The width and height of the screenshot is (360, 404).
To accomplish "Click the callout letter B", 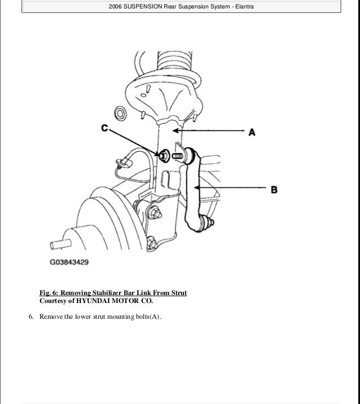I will pos(274,190).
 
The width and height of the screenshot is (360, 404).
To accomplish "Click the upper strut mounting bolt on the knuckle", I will pos(154,214).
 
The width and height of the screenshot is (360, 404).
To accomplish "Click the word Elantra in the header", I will pos(242,6).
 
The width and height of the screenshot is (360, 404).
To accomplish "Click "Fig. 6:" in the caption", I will pos(49,293).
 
